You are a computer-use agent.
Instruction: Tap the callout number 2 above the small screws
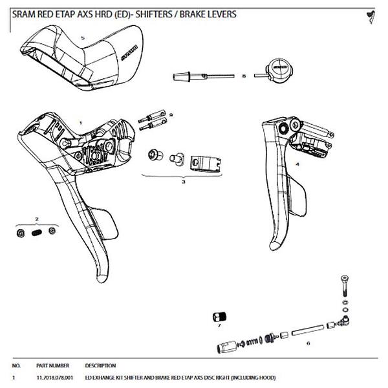click(x=38, y=220)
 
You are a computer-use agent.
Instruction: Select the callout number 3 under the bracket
click(x=184, y=182)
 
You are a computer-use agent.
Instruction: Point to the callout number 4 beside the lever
click(x=297, y=164)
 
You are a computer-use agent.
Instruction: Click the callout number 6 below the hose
click(x=308, y=343)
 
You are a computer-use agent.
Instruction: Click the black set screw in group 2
click(x=38, y=232)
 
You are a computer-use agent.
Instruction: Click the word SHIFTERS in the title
click(x=157, y=14)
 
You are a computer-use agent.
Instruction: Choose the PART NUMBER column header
click(x=53, y=365)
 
